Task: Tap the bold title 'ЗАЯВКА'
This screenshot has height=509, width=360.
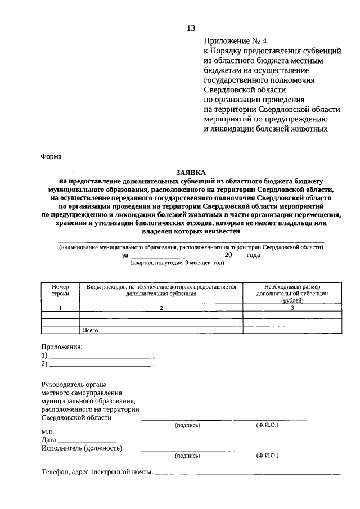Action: point(190,173)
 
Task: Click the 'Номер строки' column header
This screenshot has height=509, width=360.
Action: point(60,290)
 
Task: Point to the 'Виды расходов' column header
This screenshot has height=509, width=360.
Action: point(161,290)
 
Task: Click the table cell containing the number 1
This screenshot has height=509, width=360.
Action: point(60,308)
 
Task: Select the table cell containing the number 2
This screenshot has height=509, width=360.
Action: point(161,308)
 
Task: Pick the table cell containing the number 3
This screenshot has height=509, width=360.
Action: point(292,308)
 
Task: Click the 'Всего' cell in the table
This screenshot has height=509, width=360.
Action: point(91,330)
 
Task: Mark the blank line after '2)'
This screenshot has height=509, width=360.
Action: point(100,366)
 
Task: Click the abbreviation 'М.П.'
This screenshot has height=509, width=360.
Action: point(48,431)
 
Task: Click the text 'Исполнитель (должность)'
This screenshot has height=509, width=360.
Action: point(82,448)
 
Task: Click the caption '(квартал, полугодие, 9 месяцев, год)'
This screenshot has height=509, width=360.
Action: point(177,263)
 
